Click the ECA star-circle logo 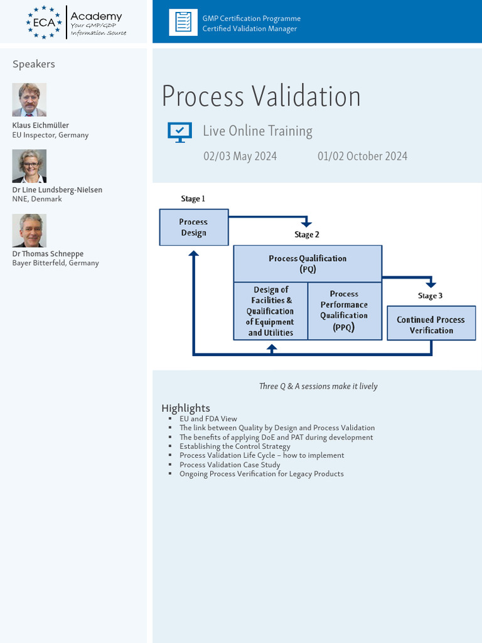tap(44, 22)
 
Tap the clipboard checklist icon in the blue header tap(183, 22)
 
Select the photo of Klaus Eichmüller tap(29, 100)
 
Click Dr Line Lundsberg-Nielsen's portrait tap(29, 166)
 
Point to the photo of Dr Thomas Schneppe tap(29, 230)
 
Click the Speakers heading tap(34, 64)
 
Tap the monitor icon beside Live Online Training tap(179, 132)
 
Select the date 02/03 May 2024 tap(240, 156)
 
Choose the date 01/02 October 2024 tap(362, 156)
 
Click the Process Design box tap(194, 227)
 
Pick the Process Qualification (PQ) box tap(308, 264)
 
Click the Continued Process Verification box tap(431, 323)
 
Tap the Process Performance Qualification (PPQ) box tap(345, 311)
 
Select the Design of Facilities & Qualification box tap(270, 311)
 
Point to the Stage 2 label tap(306, 235)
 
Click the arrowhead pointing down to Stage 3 tap(431, 284)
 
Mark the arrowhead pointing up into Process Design tap(193, 253)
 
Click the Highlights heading tap(186, 408)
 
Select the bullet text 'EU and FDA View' tap(208, 419)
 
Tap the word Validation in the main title tap(306, 96)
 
